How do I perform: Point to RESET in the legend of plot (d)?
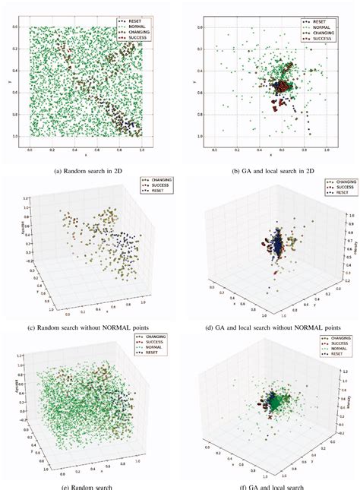339,192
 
